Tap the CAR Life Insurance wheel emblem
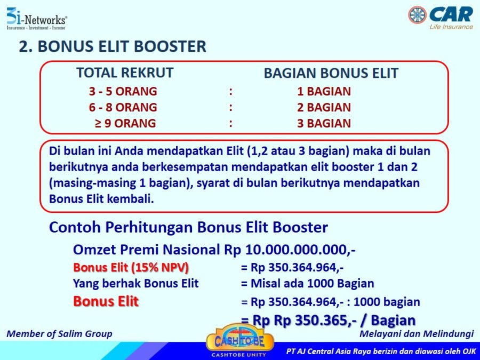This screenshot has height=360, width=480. tap(417, 15)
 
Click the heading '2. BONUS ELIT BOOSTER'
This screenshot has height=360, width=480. tap(113, 46)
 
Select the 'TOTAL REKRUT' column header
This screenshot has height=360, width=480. tap(125, 73)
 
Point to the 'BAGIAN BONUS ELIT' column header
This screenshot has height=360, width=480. tap(331, 73)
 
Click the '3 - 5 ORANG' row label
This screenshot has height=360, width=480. tap(123, 91)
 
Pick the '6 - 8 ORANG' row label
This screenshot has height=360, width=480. tap(123, 107)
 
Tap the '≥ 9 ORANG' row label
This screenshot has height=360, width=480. tap(125, 123)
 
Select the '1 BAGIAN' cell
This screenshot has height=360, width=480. tap(324, 91)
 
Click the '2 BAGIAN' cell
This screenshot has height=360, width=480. tap(324, 107)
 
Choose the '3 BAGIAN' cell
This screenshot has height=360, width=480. tap(324, 123)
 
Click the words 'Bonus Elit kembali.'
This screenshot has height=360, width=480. tap(101, 199)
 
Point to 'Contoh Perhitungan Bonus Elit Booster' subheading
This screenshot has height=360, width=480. tap(188, 227)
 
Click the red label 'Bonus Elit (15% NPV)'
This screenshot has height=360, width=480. tap(131, 268)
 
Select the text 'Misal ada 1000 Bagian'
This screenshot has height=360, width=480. tap(312, 284)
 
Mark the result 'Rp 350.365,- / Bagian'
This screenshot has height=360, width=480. tap(345, 320)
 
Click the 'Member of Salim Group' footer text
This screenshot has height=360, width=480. tap(59, 334)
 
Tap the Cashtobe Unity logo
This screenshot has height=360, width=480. tap(239, 341)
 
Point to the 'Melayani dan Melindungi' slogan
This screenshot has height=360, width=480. tap(417, 334)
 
